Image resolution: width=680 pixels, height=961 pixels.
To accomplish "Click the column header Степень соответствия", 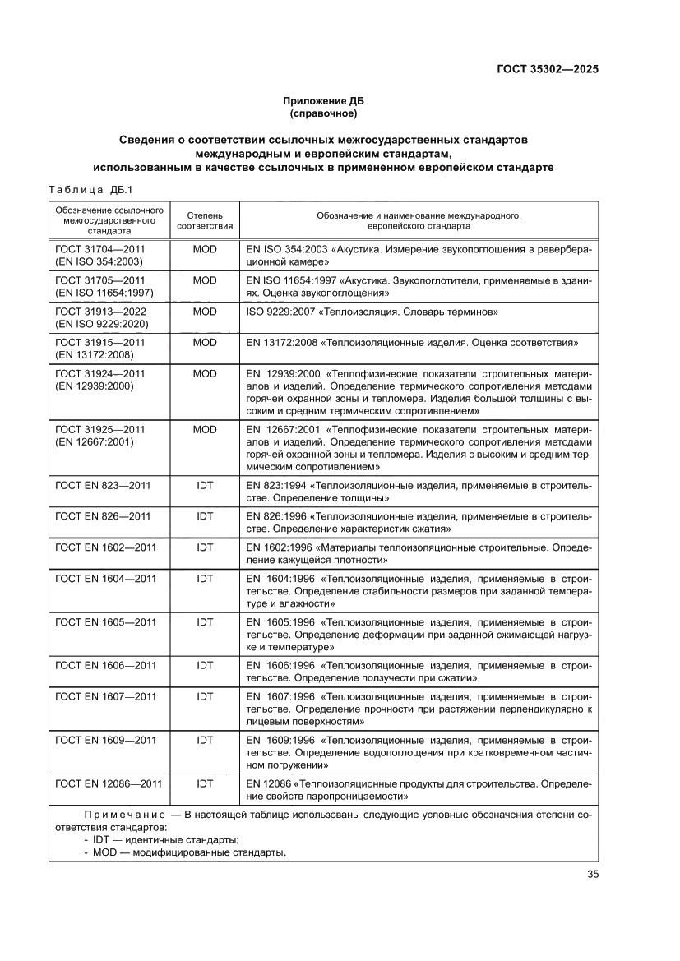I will pos(205,219).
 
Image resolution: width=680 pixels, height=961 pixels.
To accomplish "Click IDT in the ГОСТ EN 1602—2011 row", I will pos(205,547).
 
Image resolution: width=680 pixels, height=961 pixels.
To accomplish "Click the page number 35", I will pos(592,874).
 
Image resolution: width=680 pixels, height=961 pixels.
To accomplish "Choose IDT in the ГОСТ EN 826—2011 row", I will pos(205,516).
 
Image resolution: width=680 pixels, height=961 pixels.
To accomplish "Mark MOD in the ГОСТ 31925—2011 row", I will pos(205,429).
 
